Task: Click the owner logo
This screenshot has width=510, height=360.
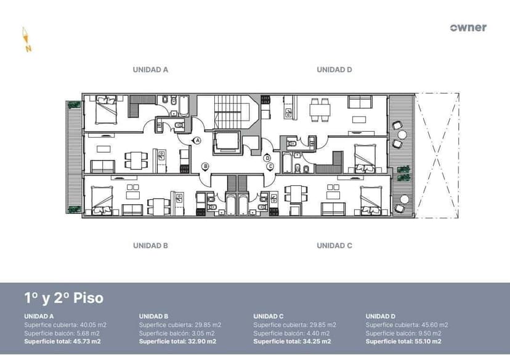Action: pos(468,28)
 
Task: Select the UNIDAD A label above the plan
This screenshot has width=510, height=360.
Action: pos(150,70)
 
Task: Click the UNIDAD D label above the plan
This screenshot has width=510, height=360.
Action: pos(334,70)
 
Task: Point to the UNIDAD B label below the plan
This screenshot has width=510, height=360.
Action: pos(150,246)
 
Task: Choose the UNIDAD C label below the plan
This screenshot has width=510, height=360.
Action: pos(334,246)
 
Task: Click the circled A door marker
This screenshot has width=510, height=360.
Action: pos(198,141)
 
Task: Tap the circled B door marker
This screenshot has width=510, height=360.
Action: pos(206,166)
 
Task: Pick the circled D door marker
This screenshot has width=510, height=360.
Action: pos(267,158)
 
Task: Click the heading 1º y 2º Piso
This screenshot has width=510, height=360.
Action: pos(64,298)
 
